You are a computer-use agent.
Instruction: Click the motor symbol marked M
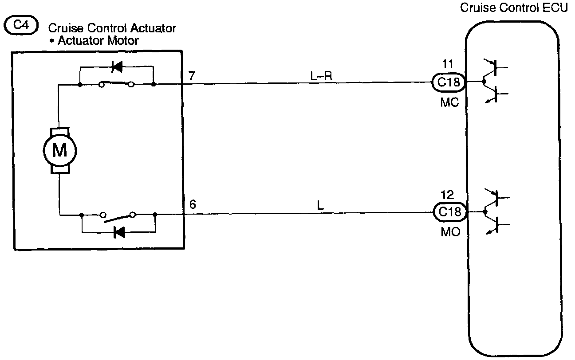point(59,151)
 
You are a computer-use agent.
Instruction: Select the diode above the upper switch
point(117,67)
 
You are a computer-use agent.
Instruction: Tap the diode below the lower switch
point(119,231)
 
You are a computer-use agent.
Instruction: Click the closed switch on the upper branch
point(116,83)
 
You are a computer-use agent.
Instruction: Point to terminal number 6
point(192,205)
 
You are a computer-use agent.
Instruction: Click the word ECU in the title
point(557,8)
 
